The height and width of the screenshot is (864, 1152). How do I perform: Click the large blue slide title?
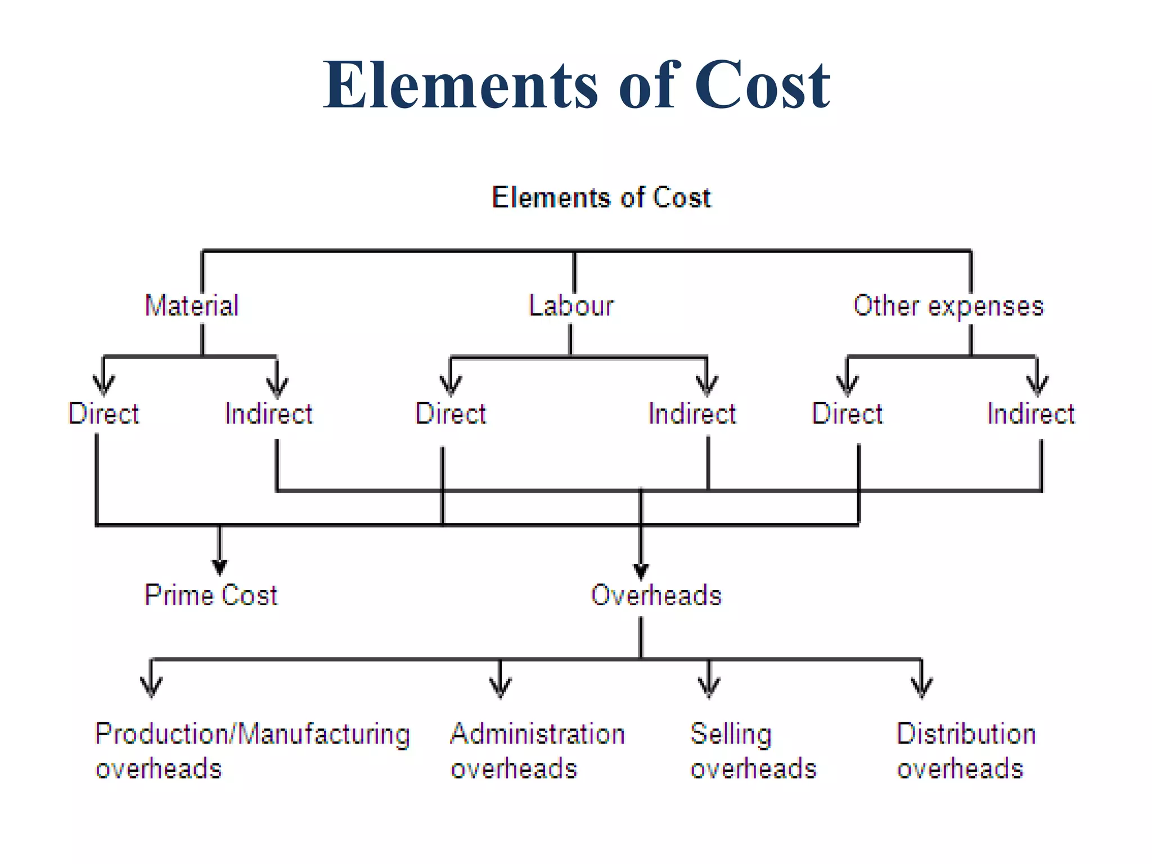coord(576,85)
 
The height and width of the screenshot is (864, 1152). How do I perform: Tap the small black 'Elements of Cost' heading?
coord(601,197)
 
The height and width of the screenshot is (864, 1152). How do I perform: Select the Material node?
coord(192,305)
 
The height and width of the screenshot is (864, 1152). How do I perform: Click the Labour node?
coord(571,305)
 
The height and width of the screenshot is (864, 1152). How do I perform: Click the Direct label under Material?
coord(103,413)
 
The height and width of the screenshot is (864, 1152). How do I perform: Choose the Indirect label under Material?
coord(268,413)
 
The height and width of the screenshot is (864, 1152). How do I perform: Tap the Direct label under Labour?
coord(451,413)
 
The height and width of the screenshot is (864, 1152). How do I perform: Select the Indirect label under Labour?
coord(692,413)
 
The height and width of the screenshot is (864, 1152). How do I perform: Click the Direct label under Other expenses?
coord(847,413)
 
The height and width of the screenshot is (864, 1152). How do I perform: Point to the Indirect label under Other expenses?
coord(1030,413)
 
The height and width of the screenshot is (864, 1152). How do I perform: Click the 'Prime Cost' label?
coord(211,595)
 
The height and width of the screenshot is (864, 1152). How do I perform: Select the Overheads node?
coord(656,595)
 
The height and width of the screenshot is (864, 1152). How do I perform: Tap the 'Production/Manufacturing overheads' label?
coord(253,751)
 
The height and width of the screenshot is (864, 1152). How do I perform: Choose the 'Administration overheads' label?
coord(538,751)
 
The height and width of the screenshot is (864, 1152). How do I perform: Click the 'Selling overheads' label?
coord(753,751)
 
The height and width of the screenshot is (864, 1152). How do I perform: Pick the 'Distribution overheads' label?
coord(966,751)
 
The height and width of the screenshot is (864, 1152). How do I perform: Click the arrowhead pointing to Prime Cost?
coord(219,567)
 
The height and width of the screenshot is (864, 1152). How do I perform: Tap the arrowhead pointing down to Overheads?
coord(641,571)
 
